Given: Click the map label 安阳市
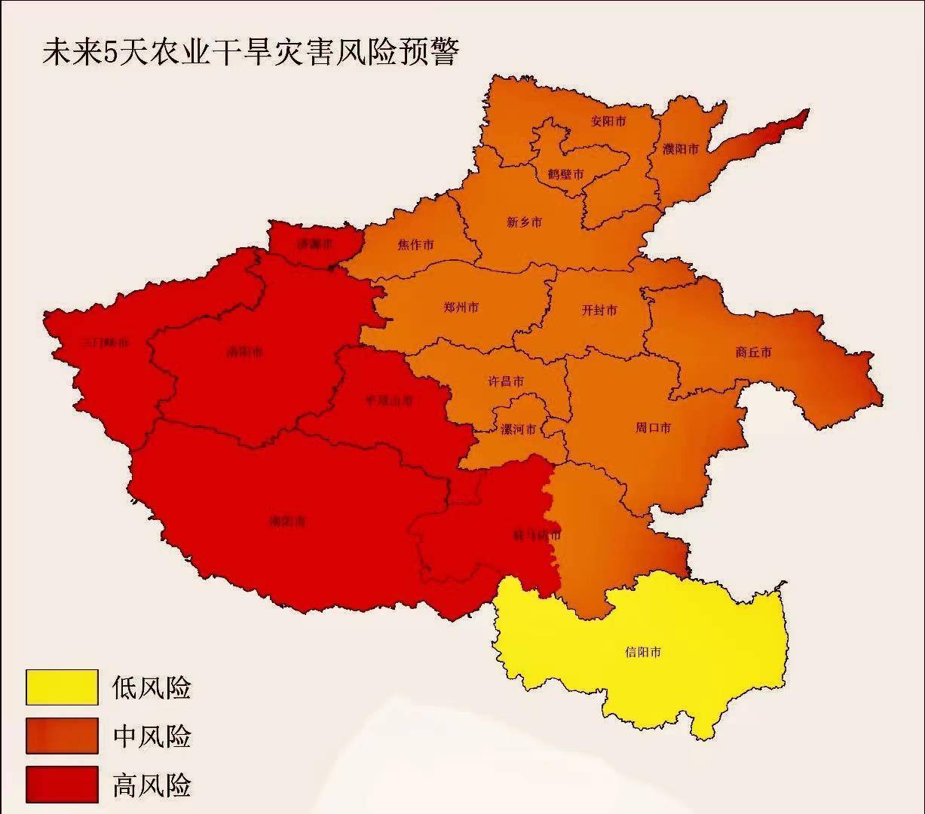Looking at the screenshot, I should click(608, 121).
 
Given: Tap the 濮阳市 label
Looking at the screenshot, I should click(681, 148).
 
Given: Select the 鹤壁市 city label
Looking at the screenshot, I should click(565, 174).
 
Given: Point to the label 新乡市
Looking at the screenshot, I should click(524, 222).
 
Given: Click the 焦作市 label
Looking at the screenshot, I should click(415, 245).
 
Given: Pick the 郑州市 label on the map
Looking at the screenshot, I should click(461, 308).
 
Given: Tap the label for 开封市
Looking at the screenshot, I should click(599, 310).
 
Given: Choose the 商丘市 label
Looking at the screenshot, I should click(753, 352).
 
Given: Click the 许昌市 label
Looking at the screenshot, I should click(506, 382).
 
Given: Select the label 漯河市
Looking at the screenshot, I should click(519, 430).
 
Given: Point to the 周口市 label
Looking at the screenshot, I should click(653, 428).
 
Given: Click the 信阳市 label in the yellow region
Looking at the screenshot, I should click(643, 652).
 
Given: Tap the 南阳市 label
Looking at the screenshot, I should click(288, 521).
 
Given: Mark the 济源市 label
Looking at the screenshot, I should click(314, 244).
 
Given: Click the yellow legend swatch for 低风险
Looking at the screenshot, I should click(62, 687).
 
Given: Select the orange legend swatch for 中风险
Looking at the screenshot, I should click(62, 736).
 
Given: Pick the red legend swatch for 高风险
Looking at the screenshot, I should click(62, 785).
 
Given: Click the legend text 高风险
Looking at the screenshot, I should click(152, 785).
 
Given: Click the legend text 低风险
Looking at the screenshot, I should click(152, 687).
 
